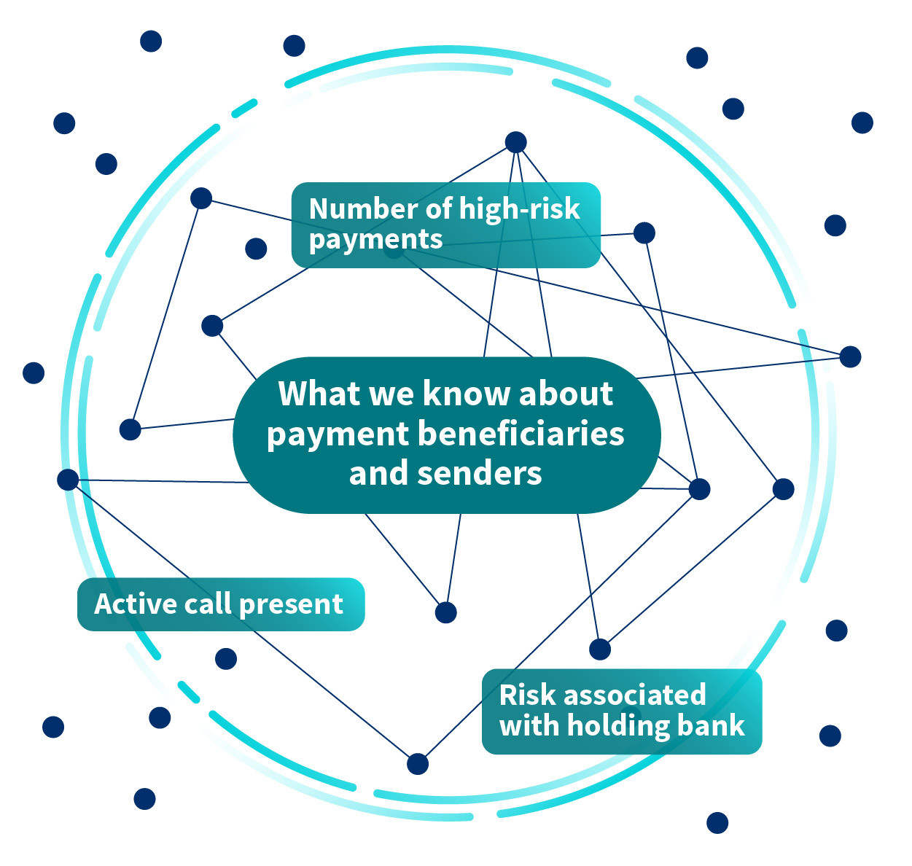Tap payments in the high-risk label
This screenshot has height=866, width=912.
(375, 240)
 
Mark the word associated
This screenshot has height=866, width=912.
(635, 695)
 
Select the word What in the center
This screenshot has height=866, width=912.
(319, 394)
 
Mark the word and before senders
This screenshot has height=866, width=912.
(379, 474)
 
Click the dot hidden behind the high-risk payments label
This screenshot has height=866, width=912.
(394, 251)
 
